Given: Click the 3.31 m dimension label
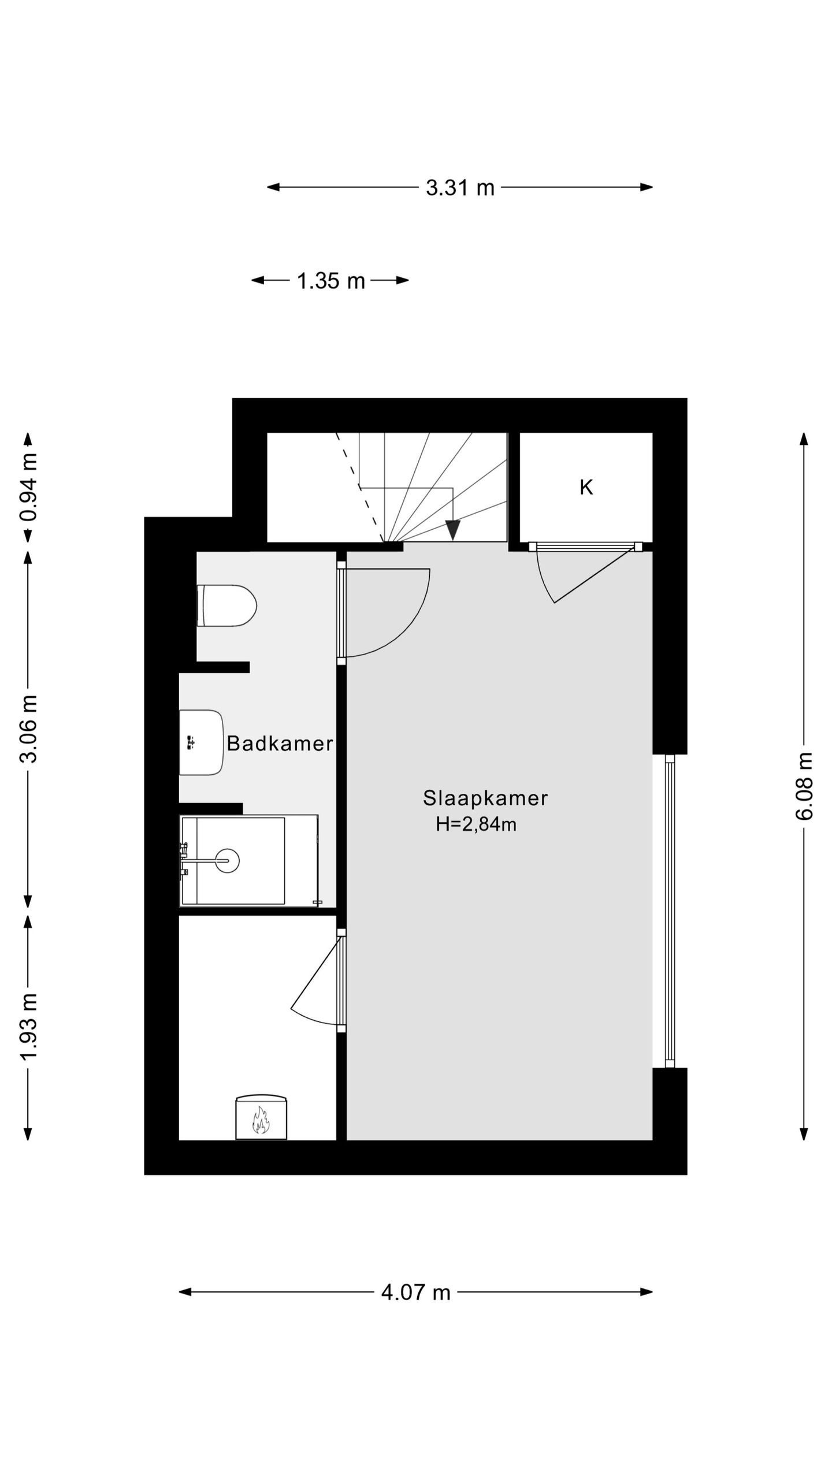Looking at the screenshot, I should pyautogui.click(x=460, y=188).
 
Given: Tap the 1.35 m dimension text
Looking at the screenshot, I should pyautogui.click(x=330, y=281).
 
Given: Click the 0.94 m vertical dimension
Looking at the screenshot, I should pyautogui.click(x=28, y=486).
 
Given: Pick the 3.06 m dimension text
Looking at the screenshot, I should pyautogui.click(x=28, y=729).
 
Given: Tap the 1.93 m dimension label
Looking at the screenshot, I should pyautogui.click(x=28, y=1026).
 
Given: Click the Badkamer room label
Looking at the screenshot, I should pyautogui.click(x=280, y=744).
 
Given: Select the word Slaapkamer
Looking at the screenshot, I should pyautogui.click(x=485, y=798).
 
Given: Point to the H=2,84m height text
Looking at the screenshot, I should pyautogui.click(x=476, y=824).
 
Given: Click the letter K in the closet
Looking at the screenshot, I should pyautogui.click(x=586, y=488).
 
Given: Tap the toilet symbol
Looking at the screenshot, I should pyautogui.click(x=226, y=605).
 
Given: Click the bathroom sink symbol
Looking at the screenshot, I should pyautogui.click(x=200, y=742).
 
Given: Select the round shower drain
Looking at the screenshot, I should pyautogui.click(x=228, y=861).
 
